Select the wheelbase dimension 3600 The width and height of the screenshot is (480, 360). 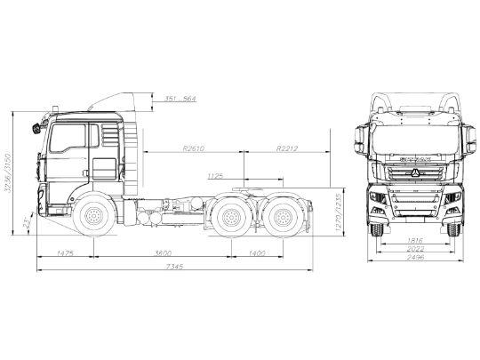tap(163, 253)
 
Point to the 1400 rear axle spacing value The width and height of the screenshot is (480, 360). tap(258, 253)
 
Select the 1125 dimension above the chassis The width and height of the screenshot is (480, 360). tap(214, 175)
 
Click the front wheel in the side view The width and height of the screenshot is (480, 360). tap(90, 217)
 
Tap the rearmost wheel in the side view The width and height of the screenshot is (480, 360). tap(283, 217)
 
